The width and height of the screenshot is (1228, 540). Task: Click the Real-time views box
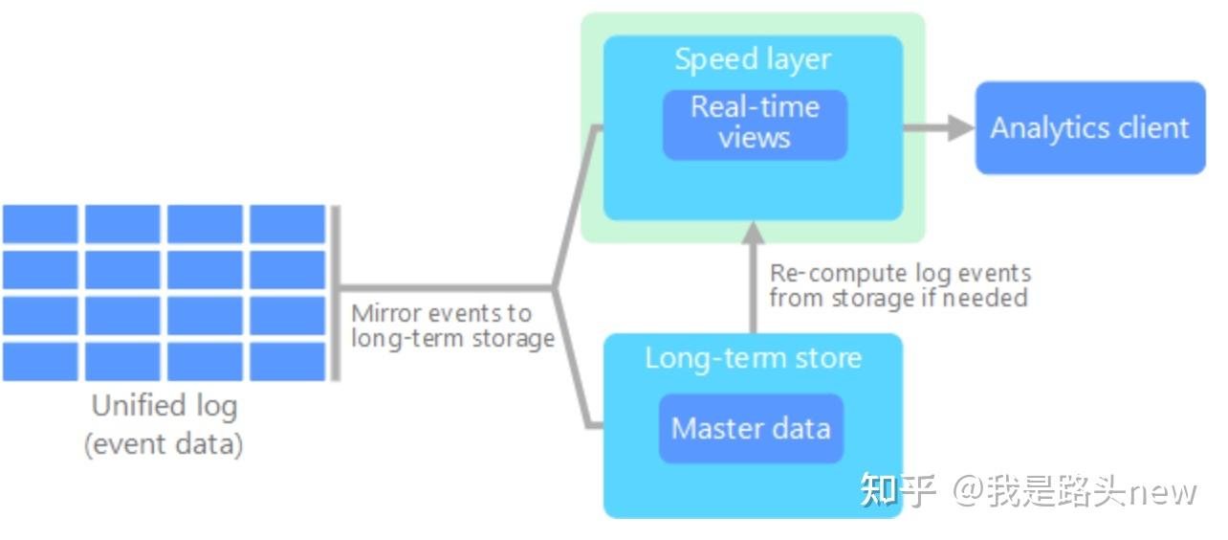click(x=755, y=124)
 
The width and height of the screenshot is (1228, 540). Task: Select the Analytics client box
click(x=1089, y=128)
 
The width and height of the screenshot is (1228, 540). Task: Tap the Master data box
click(x=751, y=428)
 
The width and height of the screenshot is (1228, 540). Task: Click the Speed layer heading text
click(x=753, y=59)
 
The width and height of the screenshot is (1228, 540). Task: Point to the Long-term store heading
click(x=753, y=358)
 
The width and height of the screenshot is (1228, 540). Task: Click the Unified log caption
click(x=164, y=405)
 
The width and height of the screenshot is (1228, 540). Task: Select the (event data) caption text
click(x=164, y=444)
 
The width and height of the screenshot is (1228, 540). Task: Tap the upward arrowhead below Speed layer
click(x=753, y=233)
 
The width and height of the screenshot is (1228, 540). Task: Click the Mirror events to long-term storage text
click(x=452, y=326)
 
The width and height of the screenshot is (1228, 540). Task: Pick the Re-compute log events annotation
click(x=899, y=285)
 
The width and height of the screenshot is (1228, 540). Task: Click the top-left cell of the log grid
click(x=39, y=224)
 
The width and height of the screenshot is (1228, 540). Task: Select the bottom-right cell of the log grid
click(x=287, y=362)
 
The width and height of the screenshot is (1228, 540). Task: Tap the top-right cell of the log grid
click(x=287, y=224)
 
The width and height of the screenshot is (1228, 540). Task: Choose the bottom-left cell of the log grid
click(x=39, y=362)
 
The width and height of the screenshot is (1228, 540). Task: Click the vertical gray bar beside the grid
click(x=335, y=293)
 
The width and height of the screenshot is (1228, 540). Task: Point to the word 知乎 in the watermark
click(x=896, y=490)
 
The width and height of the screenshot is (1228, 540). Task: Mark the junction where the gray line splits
click(x=554, y=286)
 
